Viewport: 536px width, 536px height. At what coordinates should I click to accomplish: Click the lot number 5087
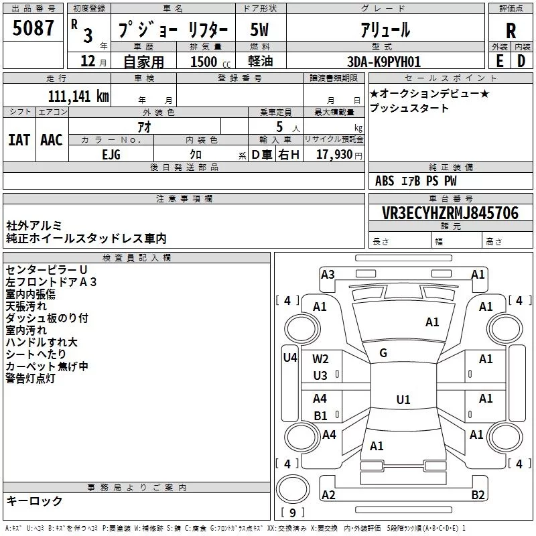(x=33, y=28)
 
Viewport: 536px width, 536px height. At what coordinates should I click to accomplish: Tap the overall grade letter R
(x=511, y=30)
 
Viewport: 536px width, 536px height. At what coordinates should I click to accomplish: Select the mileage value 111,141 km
(x=78, y=96)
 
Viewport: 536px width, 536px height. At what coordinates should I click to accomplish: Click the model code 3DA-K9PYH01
(x=383, y=62)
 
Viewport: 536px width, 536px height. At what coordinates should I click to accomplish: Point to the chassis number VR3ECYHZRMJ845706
(x=450, y=213)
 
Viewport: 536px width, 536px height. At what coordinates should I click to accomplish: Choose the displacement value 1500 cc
(x=210, y=62)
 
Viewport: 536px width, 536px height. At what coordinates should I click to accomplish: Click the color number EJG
(x=111, y=155)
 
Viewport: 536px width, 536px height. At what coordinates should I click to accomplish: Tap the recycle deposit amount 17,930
(x=334, y=155)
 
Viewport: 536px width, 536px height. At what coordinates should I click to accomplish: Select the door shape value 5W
(x=259, y=29)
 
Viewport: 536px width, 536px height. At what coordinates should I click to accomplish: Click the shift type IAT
(x=19, y=140)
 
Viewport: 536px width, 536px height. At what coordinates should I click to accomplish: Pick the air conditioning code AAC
(x=52, y=140)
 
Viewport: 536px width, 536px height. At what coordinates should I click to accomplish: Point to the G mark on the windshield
(x=383, y=353)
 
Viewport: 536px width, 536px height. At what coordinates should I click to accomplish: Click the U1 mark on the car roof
(x=403, y=399)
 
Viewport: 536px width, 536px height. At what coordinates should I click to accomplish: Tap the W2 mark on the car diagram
(x=320, y=359)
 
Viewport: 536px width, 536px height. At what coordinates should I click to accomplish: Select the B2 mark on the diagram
(x=478, y=494)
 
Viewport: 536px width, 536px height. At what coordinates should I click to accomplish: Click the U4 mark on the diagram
(x=290, y=358)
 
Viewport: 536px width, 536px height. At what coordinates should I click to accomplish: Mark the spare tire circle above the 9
(x=293, y=490)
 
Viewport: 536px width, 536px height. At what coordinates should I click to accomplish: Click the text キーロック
(x=34, y=501)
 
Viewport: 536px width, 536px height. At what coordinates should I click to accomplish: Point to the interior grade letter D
(x=521, y=61)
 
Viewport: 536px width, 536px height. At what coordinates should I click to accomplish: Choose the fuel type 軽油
(x=261, y=61)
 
